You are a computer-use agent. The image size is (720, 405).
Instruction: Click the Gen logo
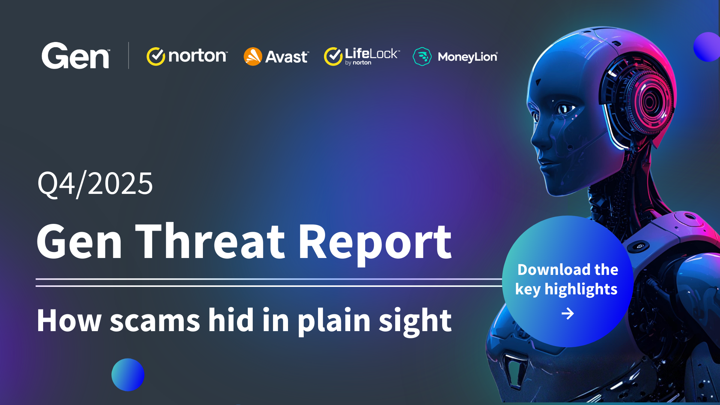tap(75, 55)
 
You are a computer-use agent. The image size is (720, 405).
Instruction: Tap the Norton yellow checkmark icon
tap(156, 56)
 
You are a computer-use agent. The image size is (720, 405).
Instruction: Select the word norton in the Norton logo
tap(198, 56)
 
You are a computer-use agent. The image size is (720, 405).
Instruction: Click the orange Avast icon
tap(253, 57)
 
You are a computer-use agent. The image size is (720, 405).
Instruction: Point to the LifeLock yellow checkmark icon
tap(333, 56)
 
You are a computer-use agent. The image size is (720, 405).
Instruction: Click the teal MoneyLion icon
tap(422, 57)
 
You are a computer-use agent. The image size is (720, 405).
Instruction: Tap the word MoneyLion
tap(468, 57)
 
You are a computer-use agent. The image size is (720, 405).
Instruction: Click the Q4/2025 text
tap(95, 184)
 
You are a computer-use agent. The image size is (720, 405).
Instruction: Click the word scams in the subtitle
tap(155, 321)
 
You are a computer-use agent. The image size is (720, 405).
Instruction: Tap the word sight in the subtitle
tap(415, 321)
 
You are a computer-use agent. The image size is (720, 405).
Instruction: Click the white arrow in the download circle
tap(568, 313)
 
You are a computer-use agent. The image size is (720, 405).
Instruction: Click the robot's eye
tap(563, 109)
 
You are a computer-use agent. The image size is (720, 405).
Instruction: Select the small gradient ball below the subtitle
tap(128, 375)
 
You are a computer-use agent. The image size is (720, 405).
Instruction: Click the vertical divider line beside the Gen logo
tap(129, 55)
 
